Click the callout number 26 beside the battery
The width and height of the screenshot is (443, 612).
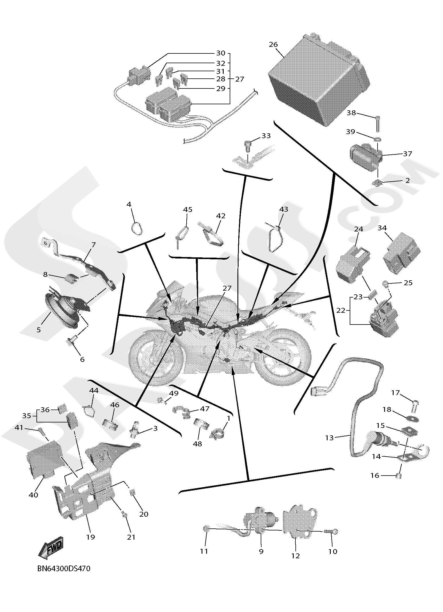tap(273, 45)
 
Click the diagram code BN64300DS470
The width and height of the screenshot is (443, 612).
tap(64, 569)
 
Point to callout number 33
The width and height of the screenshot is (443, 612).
tap(266, 136)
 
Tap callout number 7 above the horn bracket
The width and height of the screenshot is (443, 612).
tap(93, 245)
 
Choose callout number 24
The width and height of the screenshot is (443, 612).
tap(359, 229)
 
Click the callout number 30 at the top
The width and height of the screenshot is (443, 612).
tap(220, 53)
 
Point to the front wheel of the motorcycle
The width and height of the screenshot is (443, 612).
tap(156, 360)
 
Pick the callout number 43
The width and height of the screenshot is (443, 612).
tap(284, 209)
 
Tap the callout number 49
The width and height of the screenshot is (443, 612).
tap(174, 393)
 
